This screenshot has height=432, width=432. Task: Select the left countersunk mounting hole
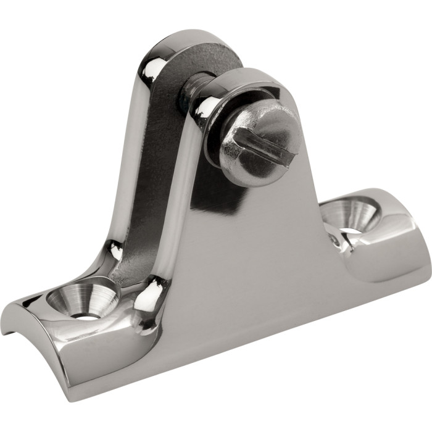(81, 299)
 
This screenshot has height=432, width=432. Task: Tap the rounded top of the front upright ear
(247, 77)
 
